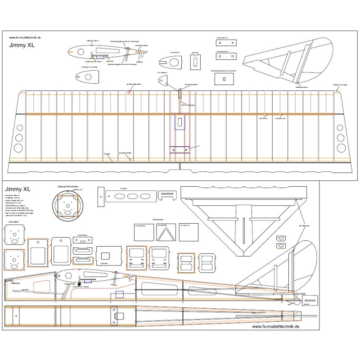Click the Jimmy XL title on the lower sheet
(x=18, y=189)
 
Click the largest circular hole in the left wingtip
(x=18, y=148)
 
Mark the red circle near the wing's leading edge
(x=129, y=93)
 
